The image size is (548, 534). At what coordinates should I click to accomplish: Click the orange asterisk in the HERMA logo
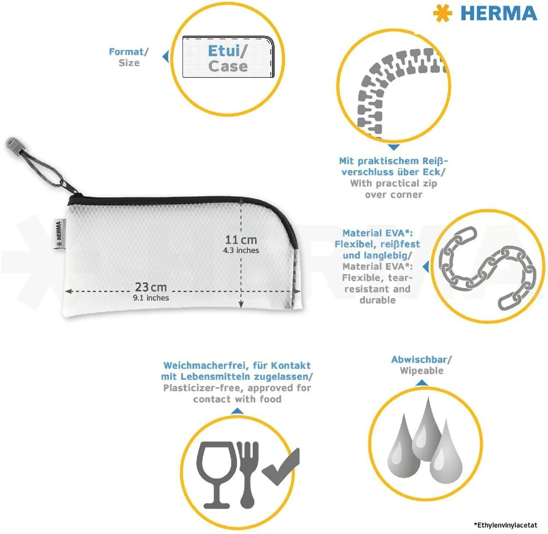click(x=443, y=13)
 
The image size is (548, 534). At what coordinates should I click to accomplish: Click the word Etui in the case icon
click(x=224, y=51)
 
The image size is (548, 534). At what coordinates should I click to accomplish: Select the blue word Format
click(x=126, y=52)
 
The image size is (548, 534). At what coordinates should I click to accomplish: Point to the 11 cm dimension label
click(x=241, y=240)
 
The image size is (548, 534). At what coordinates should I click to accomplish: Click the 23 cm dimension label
click(x=151, y=287)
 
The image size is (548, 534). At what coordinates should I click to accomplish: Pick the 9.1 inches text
click(x=151, y=298)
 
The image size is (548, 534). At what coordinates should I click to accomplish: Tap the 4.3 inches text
click(x=241, y=250)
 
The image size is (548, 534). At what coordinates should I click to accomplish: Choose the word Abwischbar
click(x=419, y=360)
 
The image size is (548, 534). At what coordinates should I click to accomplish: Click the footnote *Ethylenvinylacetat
click(x=505, y=525)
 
